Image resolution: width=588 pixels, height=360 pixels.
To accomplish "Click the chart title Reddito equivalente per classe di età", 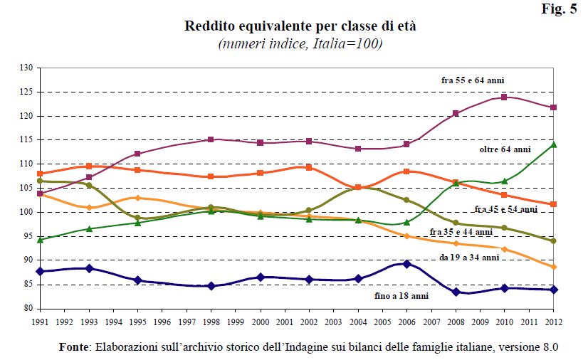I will tap(300, 27).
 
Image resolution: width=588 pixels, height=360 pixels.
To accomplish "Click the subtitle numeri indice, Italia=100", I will tap(300, 44).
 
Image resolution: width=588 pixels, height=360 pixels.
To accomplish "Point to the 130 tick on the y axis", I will tap(27, 68).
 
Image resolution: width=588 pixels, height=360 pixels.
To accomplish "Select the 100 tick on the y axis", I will tap(27, 212).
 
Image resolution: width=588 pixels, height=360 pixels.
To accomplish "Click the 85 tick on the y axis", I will tap(27, 285).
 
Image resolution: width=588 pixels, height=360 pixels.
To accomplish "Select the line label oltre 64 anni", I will tap(505, 150).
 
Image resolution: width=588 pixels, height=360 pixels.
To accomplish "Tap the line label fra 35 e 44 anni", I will tap(461, 232).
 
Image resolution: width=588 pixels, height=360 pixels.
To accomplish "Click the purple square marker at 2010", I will tap(504, 97).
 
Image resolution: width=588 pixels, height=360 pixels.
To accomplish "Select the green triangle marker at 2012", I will tap(553, 144).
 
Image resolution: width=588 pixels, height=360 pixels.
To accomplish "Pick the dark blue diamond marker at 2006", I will tap(406, 264).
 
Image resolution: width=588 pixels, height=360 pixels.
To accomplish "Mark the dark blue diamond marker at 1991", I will tap(40, 271).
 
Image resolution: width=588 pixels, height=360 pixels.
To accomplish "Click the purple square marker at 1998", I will tap(211, 139).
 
